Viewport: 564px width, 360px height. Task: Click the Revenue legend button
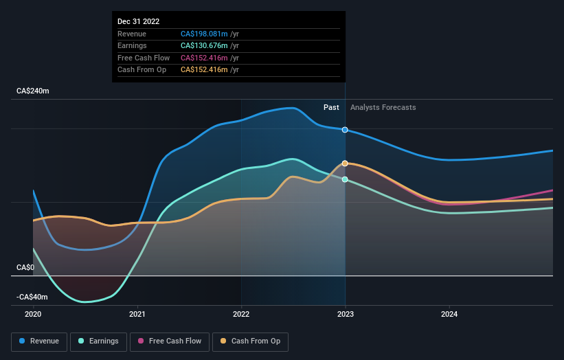pos(39,341)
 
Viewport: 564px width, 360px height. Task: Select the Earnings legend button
pos(98,341)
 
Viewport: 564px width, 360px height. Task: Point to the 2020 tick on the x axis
pos(33,314)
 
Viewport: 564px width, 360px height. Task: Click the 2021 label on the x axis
pos(137,314)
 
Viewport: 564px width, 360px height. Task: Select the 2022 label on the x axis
pos(241,314)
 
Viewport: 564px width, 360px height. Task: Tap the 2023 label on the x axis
pos(345,314)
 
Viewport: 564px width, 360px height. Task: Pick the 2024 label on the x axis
pos(449,314)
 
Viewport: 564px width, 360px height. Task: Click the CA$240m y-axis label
pos(34,91)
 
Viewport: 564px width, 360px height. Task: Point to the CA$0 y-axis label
pos(25,267)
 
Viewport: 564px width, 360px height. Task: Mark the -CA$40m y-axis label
pos(32,297)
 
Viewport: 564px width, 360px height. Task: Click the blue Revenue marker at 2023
pos(345,130)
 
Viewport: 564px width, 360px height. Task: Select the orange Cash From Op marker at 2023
pos(345,164)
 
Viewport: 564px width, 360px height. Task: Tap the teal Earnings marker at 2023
pos(345,179)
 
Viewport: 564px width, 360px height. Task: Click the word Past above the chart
pos(331,107)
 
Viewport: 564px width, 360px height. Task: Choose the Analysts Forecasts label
pos(383,107)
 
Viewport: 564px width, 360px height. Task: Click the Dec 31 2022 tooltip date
pos(138,21)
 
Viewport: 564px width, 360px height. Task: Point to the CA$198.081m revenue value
pos(205,34)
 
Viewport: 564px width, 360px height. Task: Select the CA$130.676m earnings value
pos(205,45)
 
